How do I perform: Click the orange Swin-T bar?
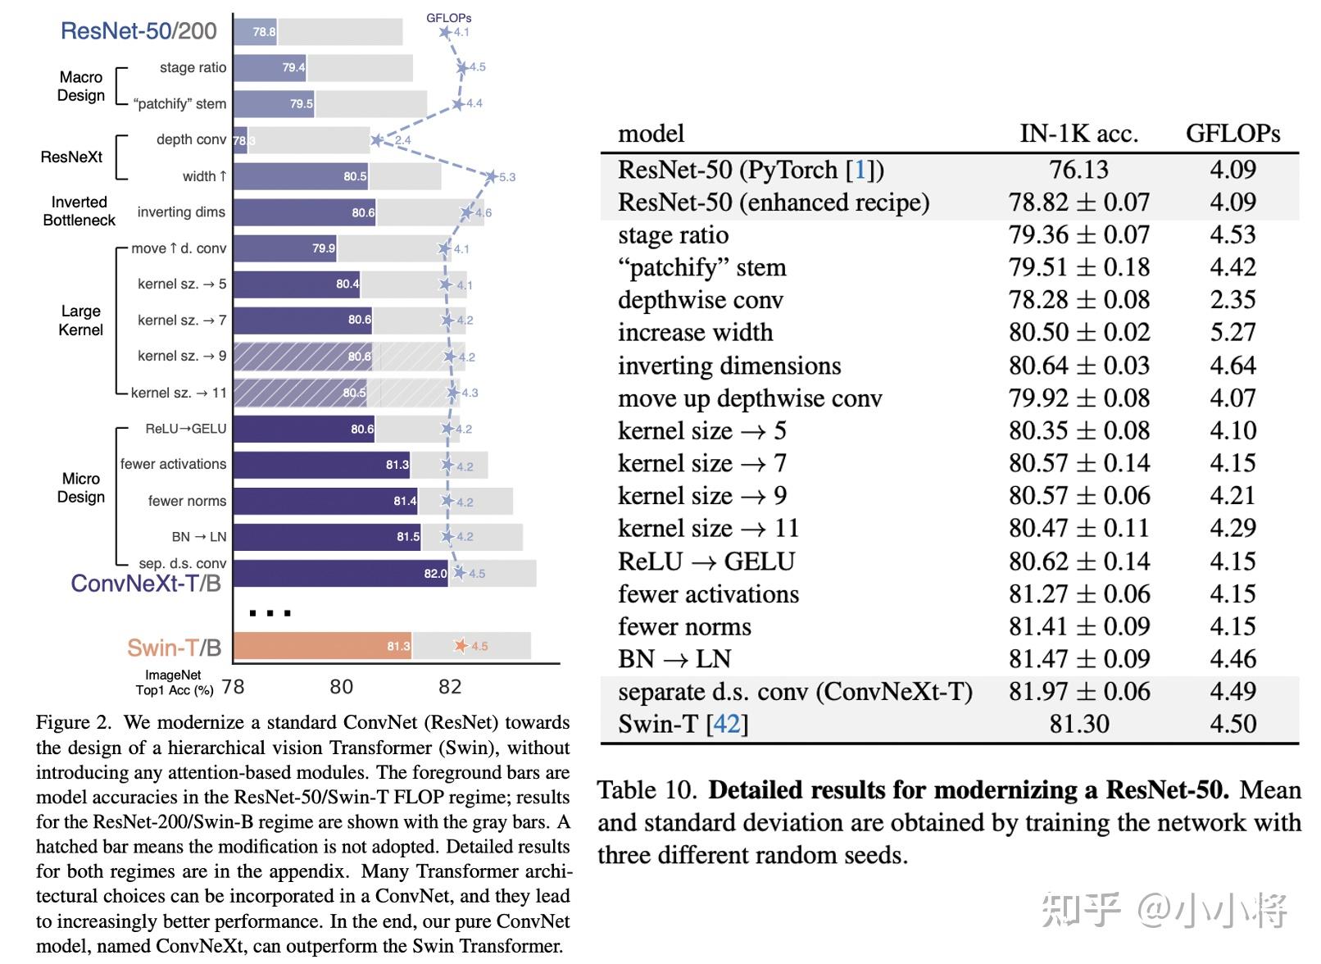322,646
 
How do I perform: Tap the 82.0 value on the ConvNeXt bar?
435,573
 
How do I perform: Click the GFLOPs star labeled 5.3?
491,176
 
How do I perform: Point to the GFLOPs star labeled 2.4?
376,140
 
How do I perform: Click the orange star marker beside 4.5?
461,646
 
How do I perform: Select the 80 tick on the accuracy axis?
341,687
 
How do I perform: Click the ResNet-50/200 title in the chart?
138,31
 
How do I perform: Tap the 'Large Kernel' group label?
80,321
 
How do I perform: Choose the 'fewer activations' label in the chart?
173,464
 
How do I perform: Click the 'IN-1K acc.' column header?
1078,134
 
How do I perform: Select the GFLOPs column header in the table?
1232,134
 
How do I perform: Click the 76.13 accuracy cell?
1078,170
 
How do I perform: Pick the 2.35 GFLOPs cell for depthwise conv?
1232,300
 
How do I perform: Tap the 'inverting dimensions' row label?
729,366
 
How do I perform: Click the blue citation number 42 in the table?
726,724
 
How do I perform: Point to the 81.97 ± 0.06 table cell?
1078,691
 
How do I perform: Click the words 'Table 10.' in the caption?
647,790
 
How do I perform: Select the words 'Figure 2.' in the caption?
74,722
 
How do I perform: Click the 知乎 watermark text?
1080,910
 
